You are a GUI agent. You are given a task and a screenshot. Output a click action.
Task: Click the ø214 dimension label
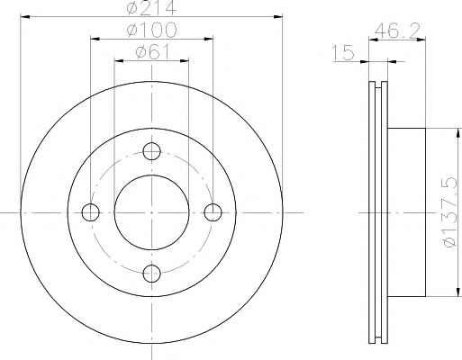[x=151, y=7]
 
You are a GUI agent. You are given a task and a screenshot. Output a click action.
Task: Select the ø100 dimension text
[x=151, y=30]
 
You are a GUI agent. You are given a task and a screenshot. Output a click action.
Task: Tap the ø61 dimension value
[x=152, y=51]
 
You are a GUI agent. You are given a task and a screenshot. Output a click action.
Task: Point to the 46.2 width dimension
[x=397, y=30]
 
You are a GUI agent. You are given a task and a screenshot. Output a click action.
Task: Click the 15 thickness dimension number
[x=344, y=51]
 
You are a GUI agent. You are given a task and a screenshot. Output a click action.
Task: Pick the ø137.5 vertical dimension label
[x=450, y=212]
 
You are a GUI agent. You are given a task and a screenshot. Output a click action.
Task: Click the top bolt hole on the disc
[x=151, y=151]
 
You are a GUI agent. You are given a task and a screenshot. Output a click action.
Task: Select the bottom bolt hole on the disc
[x=151, y=274]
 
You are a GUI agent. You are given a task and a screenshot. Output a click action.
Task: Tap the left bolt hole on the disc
[x=90, y=212]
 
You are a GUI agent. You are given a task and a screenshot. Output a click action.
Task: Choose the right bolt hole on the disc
[x=213, y=212]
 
